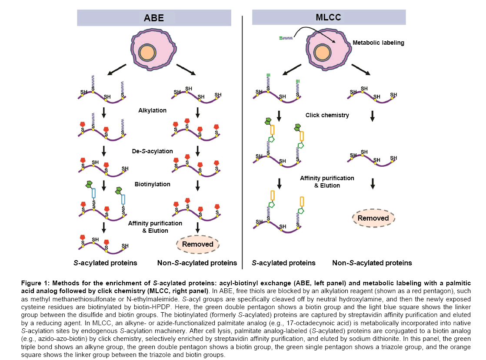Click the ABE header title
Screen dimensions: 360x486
154,18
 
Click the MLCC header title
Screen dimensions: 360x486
329,17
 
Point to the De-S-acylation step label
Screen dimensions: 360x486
152,151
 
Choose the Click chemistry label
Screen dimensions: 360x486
327,116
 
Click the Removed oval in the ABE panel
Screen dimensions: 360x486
197,244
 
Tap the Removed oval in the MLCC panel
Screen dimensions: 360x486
373,218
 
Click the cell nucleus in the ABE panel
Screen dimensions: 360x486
147,53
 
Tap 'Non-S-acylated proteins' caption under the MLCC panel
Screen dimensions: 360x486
372,263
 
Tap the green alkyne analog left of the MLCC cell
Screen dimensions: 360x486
285,38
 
